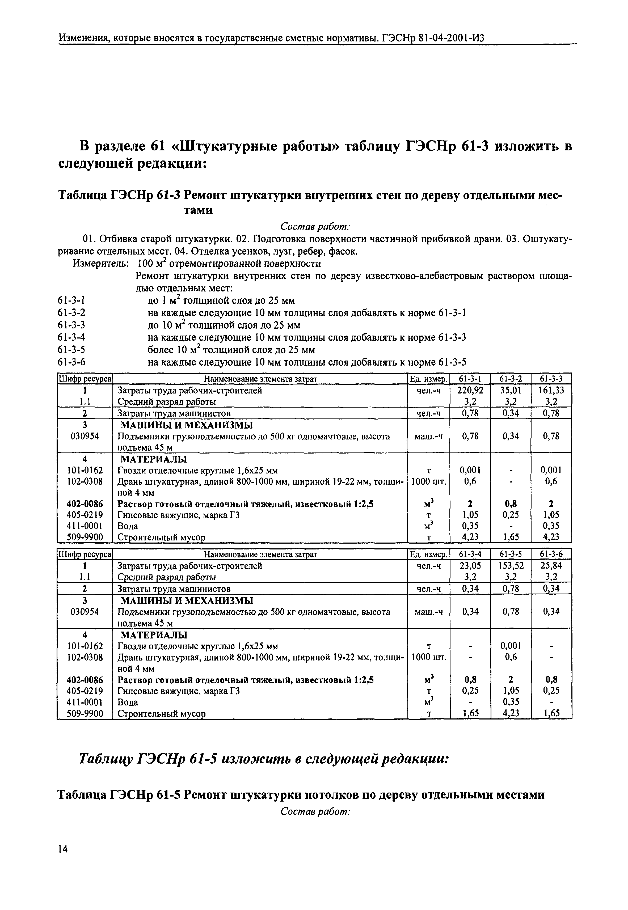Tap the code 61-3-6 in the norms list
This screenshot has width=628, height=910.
71,362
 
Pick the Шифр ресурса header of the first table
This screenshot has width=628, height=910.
85,379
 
